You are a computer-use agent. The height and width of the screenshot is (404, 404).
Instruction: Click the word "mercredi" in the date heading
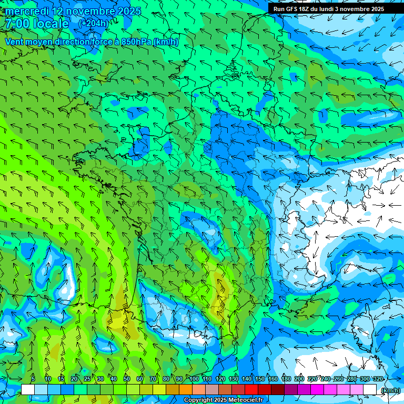(27, 11)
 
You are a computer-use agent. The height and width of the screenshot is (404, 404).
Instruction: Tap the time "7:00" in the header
(17, 24)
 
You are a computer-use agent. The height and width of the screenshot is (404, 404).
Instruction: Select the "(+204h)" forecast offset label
(94, 23)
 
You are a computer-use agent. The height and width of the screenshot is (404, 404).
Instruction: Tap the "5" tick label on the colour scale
(33, 379)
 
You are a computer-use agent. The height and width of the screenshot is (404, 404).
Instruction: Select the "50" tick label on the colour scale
(127, 379)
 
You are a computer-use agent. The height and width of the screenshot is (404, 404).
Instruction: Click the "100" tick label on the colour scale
(194, 379)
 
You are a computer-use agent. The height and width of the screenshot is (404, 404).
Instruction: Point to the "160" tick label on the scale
(273, 379)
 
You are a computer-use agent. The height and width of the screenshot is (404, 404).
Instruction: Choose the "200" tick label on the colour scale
(299, 379)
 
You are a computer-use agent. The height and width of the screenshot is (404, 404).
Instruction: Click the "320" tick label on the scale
(378, 379)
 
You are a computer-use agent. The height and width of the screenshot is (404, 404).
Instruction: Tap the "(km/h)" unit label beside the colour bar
(390, 390)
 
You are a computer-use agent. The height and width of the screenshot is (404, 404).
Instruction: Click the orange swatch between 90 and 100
(186, 389)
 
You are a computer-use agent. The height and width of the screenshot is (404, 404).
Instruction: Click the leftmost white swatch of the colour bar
(28, 389)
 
